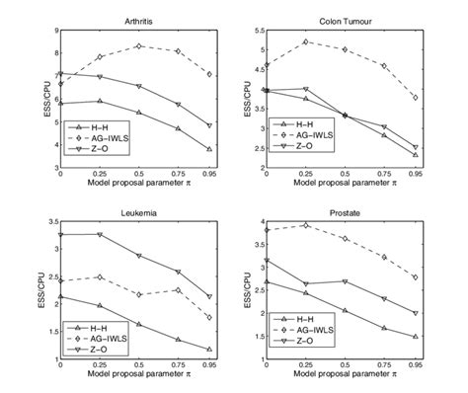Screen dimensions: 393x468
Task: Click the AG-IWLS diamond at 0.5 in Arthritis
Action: click(139, 46)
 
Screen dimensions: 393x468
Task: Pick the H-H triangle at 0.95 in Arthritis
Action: click(209, 149)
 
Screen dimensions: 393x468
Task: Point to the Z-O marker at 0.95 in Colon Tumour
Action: click(415, 147)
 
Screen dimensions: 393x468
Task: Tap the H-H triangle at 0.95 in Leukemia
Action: click(209, 350)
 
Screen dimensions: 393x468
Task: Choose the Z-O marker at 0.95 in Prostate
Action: click(415, 313)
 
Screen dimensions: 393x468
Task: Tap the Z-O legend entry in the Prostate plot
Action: click(302, 347)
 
